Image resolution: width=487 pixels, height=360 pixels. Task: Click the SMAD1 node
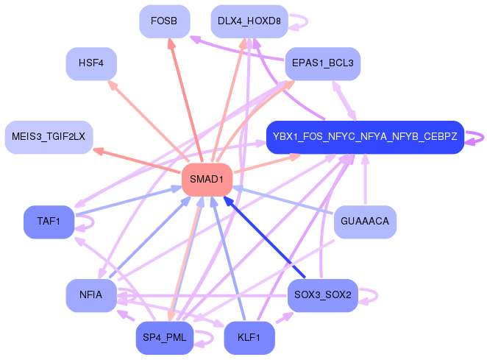(207, 180)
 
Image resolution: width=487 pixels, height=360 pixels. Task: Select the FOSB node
(164, 21)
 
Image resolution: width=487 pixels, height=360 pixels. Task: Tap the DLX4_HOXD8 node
(249, 21)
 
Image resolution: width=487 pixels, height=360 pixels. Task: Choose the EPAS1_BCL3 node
(322, 64)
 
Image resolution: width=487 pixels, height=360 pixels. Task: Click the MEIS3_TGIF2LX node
(49, 137)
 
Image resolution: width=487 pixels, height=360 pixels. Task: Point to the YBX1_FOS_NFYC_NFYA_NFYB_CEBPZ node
(365, 137)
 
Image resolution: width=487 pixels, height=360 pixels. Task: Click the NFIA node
(91, 295)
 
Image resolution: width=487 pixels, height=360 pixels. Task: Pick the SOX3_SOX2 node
(322, 295)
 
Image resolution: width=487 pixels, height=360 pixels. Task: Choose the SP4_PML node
(164, 338)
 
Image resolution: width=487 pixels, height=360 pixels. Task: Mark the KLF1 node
(249, 338)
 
